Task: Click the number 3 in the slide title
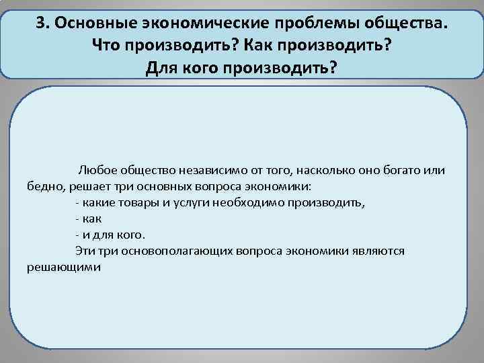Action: tap(41, 23)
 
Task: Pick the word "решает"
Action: tap(83, 187)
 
